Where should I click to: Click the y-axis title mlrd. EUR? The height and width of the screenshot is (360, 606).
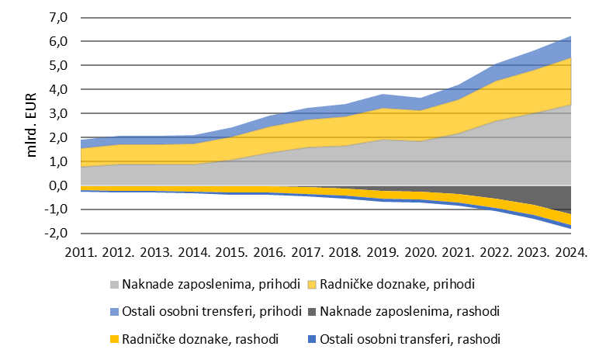pos(34,125)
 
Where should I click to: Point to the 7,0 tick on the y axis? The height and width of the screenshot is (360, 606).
pos(59,17)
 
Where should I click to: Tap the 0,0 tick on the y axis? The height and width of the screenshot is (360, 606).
pos(59,186)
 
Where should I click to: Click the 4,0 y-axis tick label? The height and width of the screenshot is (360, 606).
pos(59,89)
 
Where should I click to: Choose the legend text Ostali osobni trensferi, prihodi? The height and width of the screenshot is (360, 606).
pos(210,311)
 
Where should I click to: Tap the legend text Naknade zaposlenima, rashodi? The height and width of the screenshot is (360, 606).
pos(410,311)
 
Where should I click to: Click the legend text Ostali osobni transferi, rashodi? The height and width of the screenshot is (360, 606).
pos(410,338)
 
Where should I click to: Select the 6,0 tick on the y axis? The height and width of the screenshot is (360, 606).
pos(59,41)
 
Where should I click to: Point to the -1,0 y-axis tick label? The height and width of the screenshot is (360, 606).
pos(57,210)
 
